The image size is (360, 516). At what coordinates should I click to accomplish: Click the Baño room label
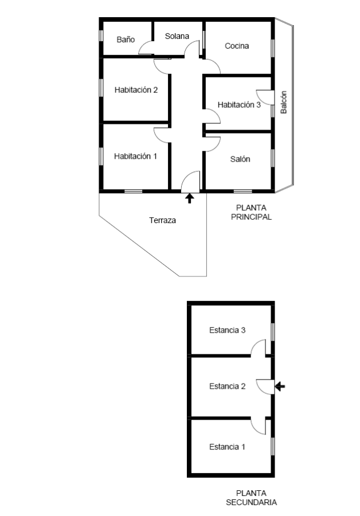[x=126, y=40]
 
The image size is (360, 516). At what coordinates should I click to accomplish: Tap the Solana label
[x=177, y=36]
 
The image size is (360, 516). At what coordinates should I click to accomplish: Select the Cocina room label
[x=237, y=46]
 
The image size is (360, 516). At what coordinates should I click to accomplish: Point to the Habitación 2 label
[x=136, y=90]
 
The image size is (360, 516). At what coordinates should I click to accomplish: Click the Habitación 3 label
[x=239, y=105]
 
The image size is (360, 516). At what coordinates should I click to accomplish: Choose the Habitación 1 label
[x=136, y=156]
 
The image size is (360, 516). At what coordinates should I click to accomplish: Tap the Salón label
[x=240, y=159]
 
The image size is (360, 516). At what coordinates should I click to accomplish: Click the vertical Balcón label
[x=284, y=103]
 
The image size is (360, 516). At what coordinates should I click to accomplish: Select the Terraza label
[x=163, y=220]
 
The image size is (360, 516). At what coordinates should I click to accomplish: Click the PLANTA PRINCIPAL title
[x=252, y=212]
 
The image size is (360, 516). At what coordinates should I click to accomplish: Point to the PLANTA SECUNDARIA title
[x=252, y=498]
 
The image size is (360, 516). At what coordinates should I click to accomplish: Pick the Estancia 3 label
[x=228, y=330]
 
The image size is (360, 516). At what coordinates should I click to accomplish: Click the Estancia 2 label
[x=228, y=386]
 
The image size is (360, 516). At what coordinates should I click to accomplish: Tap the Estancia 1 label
[x=227, y=447]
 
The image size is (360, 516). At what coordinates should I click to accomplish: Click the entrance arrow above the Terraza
[x=190, y=198]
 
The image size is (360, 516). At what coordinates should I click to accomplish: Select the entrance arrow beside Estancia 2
[x=280, y=386]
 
